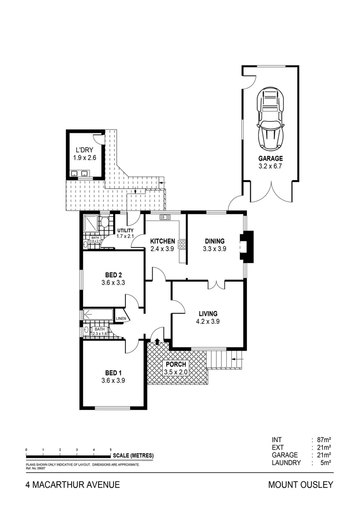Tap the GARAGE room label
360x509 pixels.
[x=270, y=159]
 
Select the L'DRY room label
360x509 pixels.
[x=85, y=150]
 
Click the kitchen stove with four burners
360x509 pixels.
[x=181, y=245]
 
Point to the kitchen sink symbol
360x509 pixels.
[x=165, y=217]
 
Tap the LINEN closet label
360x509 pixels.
[x=120, y=318]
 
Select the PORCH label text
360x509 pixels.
[x=175, y=364]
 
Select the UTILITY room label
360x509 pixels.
[x=126, y=230]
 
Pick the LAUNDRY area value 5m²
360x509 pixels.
[x=326, y=463]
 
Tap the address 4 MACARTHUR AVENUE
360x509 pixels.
[x=73, y=484]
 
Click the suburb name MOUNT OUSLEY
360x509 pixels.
[x=300, y=484]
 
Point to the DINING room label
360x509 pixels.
[x=214, y=241]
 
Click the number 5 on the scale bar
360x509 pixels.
[x=110, y=450]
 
